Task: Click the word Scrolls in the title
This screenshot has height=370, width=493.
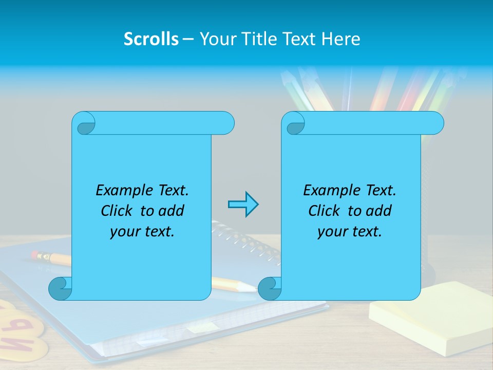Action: pyautogui.click(x=151, y=39)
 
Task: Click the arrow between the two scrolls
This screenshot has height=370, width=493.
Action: pyautogui.click(x=243, y=205)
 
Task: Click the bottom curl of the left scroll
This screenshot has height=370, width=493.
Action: pyautogui.click(x=61, y=289)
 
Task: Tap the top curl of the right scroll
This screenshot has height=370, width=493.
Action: pyautogui.click(x=294, y=123)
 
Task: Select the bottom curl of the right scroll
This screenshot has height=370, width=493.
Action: pyautogui.click(x=270, y=289)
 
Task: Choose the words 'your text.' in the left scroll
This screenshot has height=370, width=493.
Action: pyautogui.click(x=142, y=232)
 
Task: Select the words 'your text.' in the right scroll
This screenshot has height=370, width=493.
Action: pyautogui.click(x=350, y=232)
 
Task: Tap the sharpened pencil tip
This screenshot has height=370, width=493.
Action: pyautogui.click(x=252, y=288)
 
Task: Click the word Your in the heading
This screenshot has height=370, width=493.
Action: pyautogui.click(x=216, y=39)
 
